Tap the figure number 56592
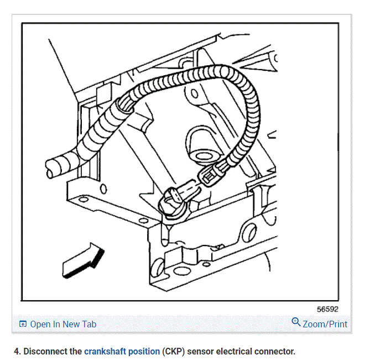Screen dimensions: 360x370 327,309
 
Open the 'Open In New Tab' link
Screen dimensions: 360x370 62,324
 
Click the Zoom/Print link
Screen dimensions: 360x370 325,324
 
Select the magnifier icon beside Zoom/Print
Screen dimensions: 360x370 296,322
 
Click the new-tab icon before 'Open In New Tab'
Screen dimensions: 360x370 23,324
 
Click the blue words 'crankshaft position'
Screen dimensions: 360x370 122,351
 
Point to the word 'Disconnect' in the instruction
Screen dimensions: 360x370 46,351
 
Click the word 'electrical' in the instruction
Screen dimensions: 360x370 235,351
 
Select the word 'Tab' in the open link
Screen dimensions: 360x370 88,324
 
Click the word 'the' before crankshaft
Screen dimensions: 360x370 76,351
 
